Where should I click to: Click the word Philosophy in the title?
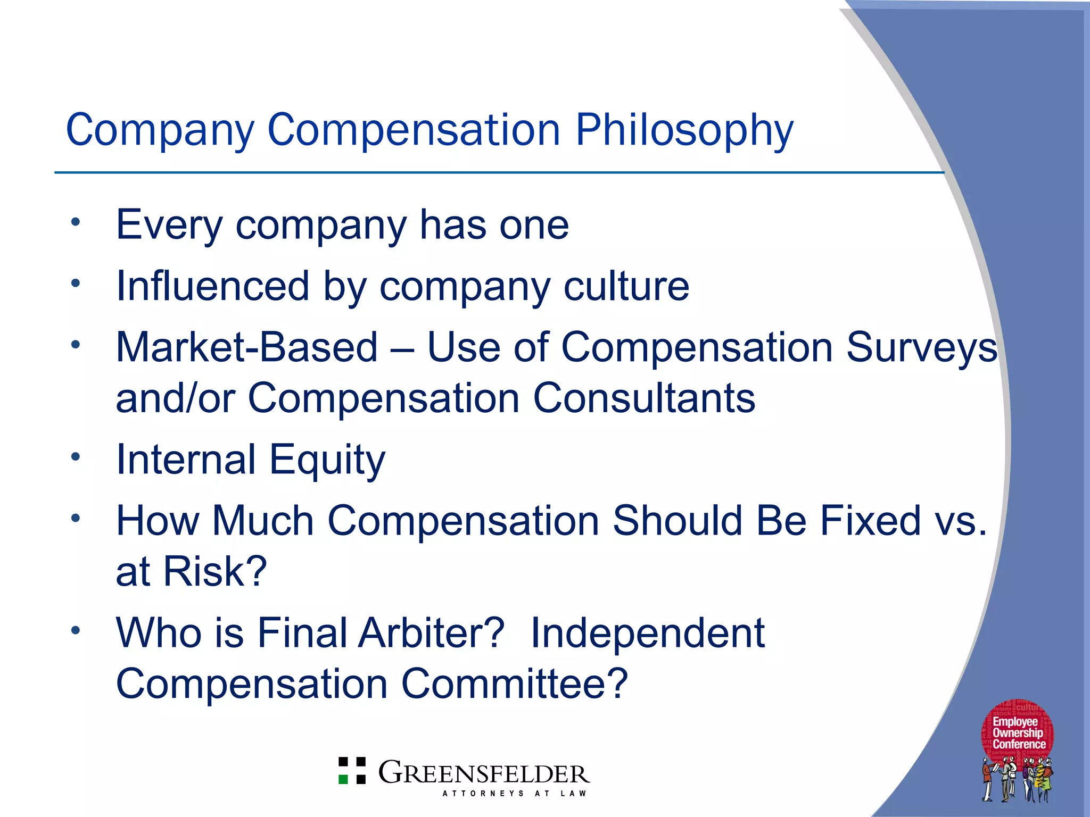tap(684, 130)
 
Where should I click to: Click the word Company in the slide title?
tap(160, 130)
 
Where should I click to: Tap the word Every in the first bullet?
tap(169, 226)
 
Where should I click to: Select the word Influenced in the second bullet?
tap(212, 286)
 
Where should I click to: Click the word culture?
tap(626, 286)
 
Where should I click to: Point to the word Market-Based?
tap(247, 347)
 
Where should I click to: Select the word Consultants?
tap(644, 398)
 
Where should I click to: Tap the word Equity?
tap(327, 460)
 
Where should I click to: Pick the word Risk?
tap(215, 571)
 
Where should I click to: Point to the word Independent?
tap(648, 633)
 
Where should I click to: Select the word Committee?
tap(515, 684)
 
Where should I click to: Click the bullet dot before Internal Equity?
tap(76, 456)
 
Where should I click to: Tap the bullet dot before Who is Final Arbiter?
tap(76, 630)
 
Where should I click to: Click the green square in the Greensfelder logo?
tap(344, 779)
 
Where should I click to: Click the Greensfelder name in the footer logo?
tap(484, 773)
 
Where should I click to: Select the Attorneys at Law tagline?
tap(514, 794)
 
